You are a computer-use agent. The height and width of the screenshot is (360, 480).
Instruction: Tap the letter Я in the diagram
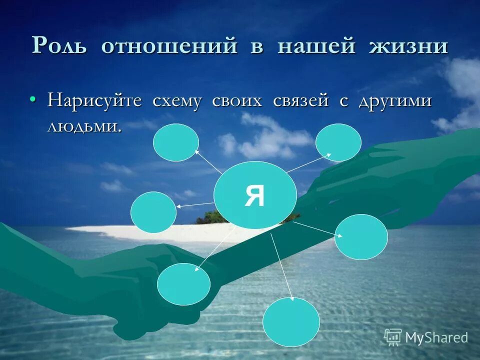254,195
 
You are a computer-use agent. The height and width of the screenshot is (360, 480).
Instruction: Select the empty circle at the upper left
175,142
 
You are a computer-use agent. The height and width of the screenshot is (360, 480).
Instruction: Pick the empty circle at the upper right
338,142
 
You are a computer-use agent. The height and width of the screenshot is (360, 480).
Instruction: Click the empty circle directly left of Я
153,212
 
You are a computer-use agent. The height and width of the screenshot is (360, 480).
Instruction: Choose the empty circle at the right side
361,236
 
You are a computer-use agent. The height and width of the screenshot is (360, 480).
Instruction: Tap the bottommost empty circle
291,322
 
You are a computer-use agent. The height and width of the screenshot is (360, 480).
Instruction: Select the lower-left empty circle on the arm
183,284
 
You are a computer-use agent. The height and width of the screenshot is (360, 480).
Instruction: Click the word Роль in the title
60,46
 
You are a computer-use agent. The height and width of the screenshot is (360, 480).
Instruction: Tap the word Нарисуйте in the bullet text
94,100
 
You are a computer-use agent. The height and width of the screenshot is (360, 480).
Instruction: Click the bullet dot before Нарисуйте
33,100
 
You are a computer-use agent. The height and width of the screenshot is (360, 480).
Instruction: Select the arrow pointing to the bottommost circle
282,265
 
